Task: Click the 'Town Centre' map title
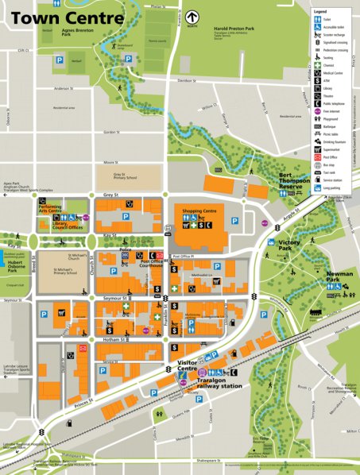pyautogui.click(x=68, y=18)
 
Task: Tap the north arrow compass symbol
pyautogui.click(x=193, y=16)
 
